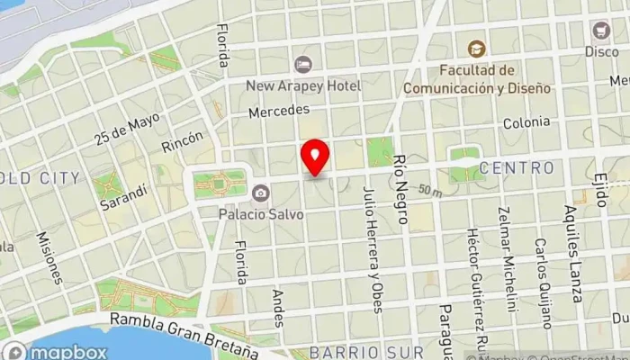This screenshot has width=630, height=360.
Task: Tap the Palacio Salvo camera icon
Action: click(260, 192)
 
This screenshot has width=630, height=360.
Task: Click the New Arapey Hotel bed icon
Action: click(302, 64)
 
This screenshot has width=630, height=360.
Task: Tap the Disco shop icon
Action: click(601, 30)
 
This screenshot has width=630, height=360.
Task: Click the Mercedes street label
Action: click(280, 110)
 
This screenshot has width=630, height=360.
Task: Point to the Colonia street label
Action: click(526, 122)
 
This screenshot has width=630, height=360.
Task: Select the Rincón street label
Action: click(183, 139)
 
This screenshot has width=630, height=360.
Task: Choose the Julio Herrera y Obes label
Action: click(373, 249)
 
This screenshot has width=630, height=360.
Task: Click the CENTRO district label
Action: click(517, 167)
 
